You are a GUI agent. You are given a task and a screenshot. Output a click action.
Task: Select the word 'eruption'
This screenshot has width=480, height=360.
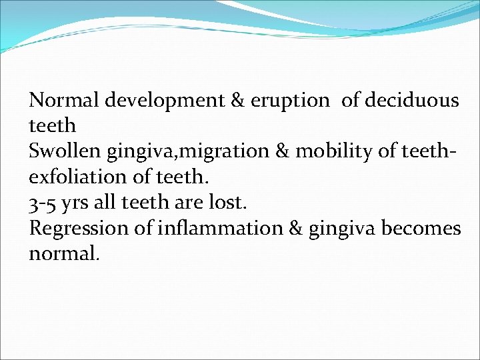pyautogui.click(x=290, y=101)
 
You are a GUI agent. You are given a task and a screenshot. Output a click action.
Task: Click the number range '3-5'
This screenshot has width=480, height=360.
pyautogui.click(x=45, y=203)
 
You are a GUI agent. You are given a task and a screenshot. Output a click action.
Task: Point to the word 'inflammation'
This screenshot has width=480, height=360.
pyautogui.click(x=220, y=228)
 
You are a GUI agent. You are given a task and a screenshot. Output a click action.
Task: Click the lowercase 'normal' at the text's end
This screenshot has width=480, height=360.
pyautogui.click(x=63, y=254)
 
